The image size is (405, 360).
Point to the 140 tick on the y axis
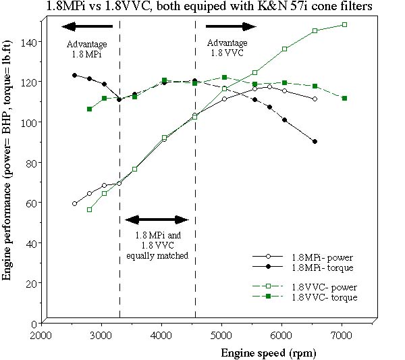tap(32, 41)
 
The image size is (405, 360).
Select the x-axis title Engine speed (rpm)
tap(268, 352)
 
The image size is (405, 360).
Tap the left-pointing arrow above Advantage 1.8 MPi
tap(84, 26)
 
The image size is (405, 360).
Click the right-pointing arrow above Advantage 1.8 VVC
tap(232, 26)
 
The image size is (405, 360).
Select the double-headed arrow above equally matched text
tap(157, 220)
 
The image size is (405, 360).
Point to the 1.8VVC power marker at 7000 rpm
tap(344, 25)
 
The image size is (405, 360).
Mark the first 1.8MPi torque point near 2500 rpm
tap(74, 76)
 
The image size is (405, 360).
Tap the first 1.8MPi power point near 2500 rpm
tap(74, 203)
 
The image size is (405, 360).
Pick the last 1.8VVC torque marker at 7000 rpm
tap(344, 98)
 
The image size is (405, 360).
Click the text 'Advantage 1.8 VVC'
tap(226, 48)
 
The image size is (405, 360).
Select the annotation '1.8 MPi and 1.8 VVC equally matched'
tap(156, 246)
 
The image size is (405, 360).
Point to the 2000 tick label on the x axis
tap(41, 335)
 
